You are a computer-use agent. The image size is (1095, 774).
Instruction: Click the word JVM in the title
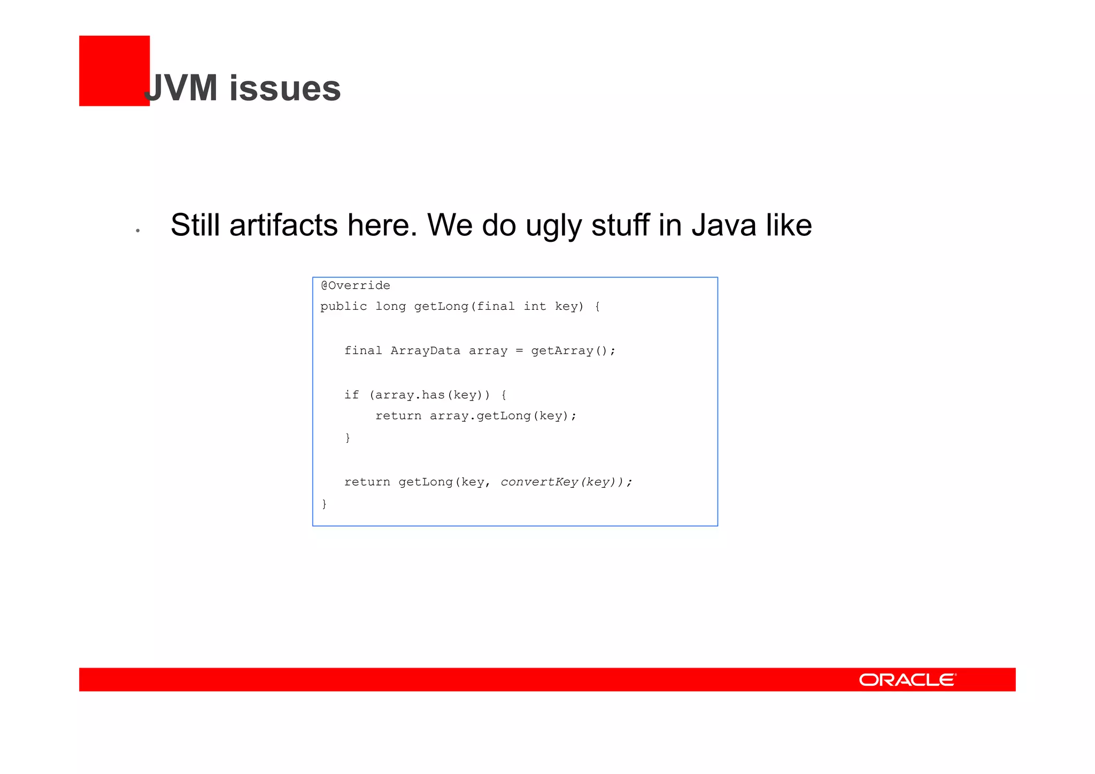pyautogui.click(x=182, y=88)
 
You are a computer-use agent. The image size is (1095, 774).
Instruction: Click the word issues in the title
pyautogui.click(x=285, y=88)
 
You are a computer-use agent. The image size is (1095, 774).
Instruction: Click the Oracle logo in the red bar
pyautogui.click(x=907, y=680)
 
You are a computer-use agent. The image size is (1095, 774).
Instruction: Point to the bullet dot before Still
pyautogui.click(x=138, y=231)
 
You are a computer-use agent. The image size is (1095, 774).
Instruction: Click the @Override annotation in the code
pyautogui.click(x=356, y=286)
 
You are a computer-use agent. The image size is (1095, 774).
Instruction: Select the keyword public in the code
pyautogui.click(x=343, y=306)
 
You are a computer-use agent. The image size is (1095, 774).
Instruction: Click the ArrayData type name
pyautogui.click(x=425, y=351)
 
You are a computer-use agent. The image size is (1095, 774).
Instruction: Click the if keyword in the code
pyautogui.click(x=351, y=395)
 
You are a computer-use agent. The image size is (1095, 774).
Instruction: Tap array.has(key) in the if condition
pyautogui.click(x=428, y=395)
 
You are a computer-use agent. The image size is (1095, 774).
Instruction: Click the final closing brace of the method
pyautogui.click(x=324, y=504)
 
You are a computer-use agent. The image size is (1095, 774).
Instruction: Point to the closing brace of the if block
pyautogui.click(x=348, y=438)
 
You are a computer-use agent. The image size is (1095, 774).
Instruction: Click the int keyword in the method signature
pyautogui.click(x=535, y=306)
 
